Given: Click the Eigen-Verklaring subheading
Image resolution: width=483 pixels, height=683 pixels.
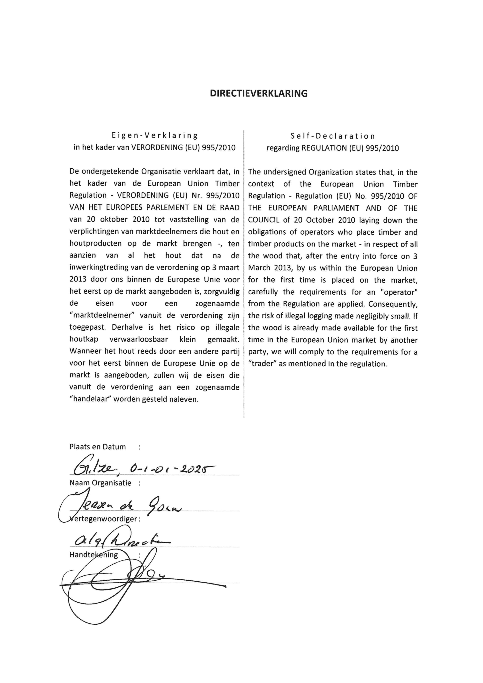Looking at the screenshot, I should [154, 136].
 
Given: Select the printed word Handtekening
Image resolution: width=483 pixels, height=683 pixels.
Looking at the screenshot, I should [93, 555].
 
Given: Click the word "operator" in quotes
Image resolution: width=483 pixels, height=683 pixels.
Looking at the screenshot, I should [399, 292].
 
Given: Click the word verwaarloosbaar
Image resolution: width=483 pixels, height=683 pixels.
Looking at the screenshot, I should [138, 339].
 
